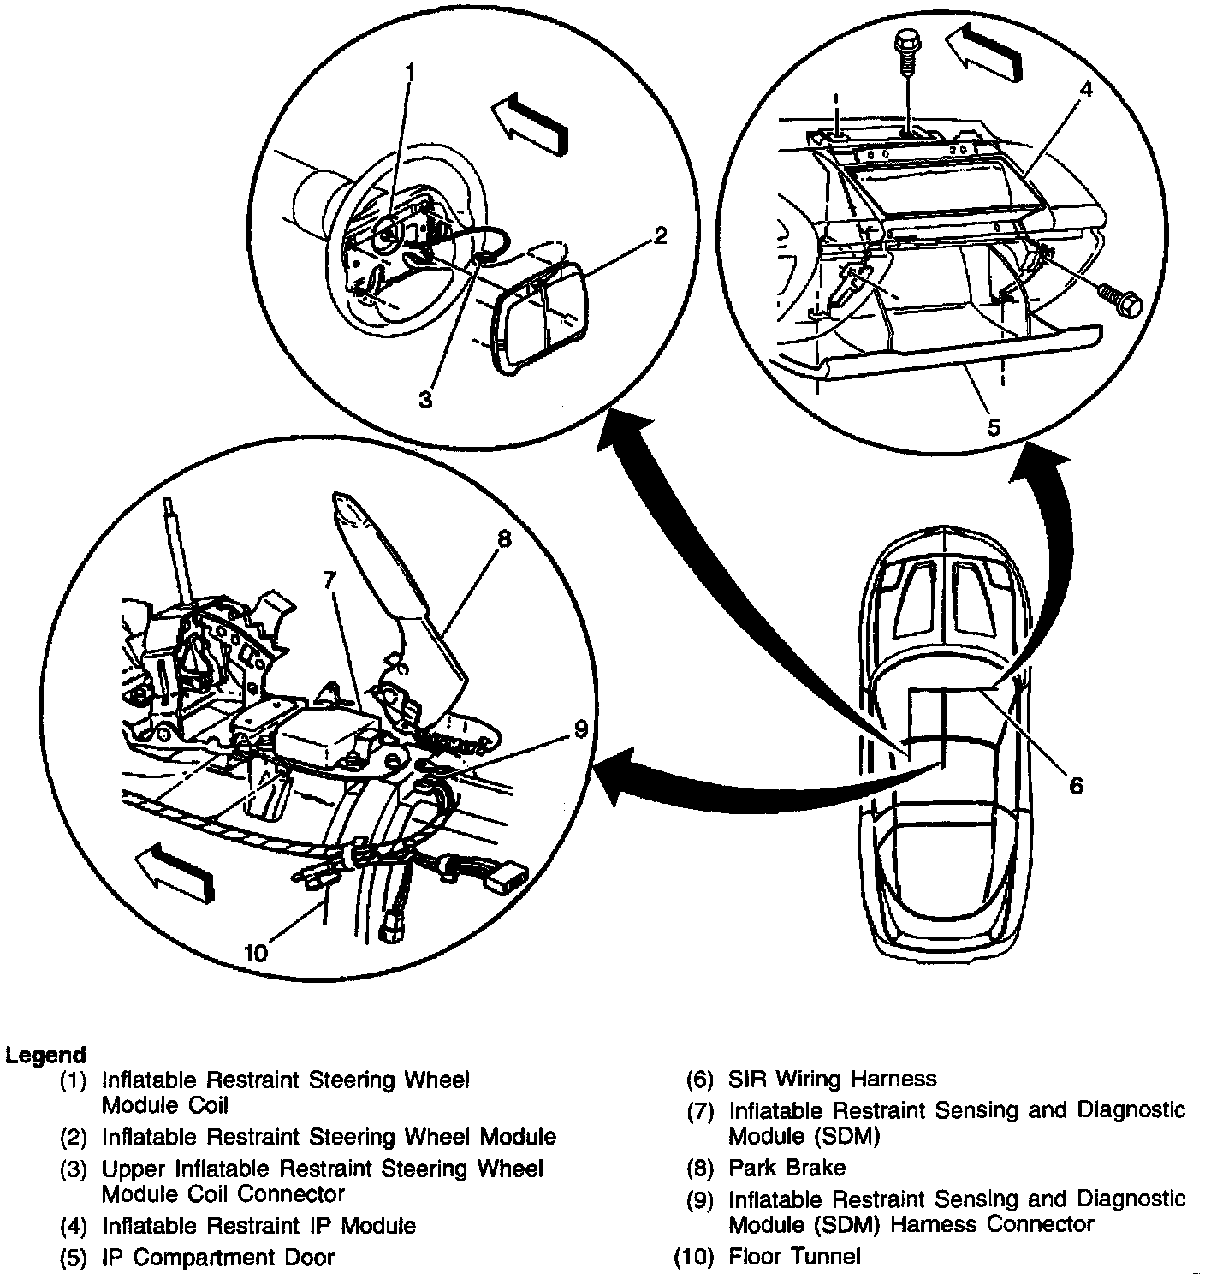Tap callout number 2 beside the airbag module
coord(660,236)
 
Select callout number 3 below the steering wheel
coord(425,398)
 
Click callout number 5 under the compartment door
coord(993,425)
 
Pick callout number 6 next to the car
coord(1076,784)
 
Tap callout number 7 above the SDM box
coord(329,580)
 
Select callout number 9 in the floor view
coord(581,729)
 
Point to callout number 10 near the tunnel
coord(256,952)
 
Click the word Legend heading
coord(45,1055)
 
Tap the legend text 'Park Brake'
coord(787,1168)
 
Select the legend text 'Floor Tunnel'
coord(794,1256)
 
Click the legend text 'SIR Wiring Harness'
coord(832,1079)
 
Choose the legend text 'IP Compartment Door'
coord(217,1257)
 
